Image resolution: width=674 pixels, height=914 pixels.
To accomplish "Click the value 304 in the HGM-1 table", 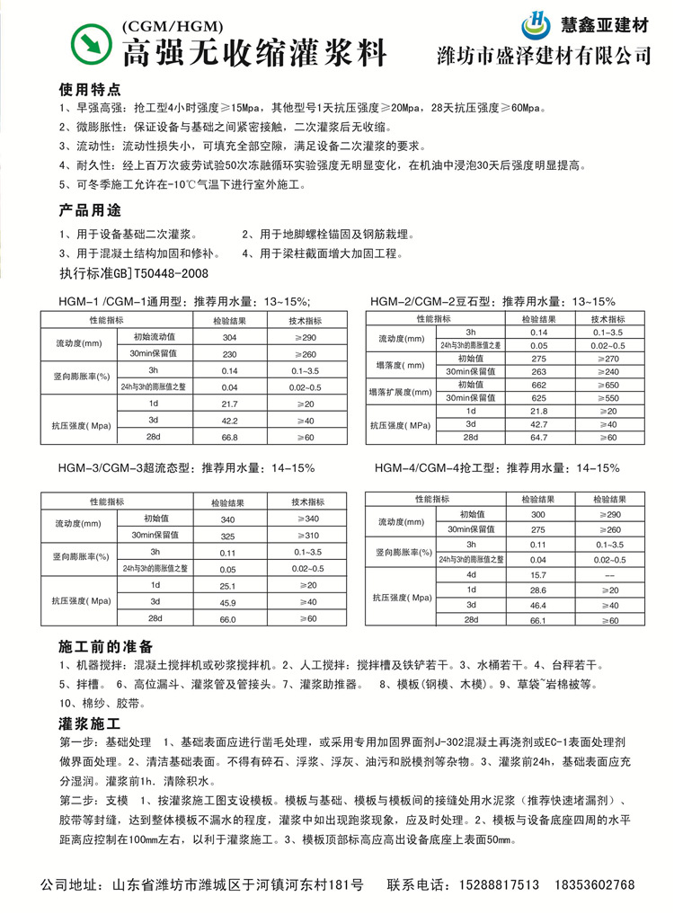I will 229,337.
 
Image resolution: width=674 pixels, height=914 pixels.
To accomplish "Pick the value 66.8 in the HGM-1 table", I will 229,437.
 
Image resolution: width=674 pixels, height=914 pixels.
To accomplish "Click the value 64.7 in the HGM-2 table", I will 538,437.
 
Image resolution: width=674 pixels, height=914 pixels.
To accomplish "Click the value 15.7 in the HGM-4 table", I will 538,574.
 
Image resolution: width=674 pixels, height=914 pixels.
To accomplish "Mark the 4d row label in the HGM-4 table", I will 469,574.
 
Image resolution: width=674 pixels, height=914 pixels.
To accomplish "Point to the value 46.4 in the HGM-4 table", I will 538,606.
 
